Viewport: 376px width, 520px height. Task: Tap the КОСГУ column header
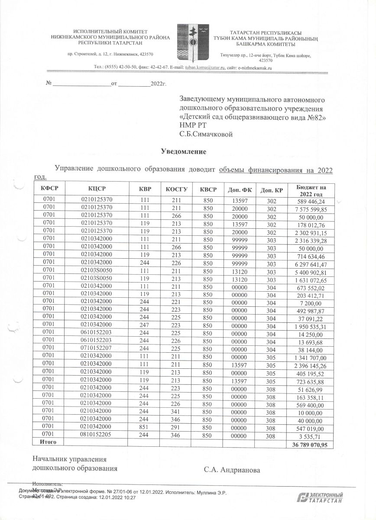coord(176,189)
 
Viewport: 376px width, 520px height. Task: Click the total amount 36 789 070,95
coord(310,445)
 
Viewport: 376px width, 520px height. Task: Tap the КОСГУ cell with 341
coord(176,411)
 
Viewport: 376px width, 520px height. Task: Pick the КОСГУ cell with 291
coord(176,426)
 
